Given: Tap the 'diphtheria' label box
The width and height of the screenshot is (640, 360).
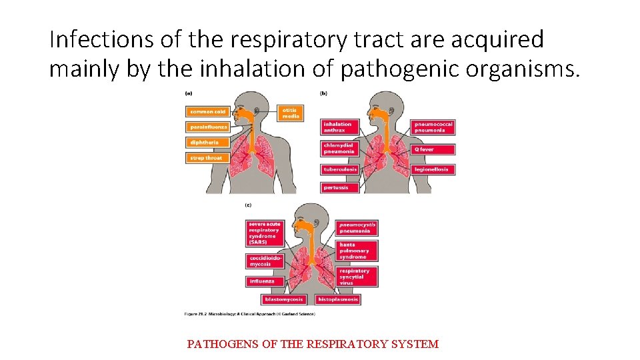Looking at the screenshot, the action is click(206, 142).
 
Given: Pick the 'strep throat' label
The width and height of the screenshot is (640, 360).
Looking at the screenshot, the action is click(206, 158).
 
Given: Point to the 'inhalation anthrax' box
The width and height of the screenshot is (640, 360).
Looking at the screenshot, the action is click(339, 127).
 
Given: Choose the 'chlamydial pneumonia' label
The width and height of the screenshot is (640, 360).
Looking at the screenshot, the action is click(339, 148).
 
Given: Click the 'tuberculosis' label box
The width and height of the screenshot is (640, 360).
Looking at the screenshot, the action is click(340, 169).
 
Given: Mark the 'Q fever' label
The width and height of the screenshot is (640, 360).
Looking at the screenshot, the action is click(433, 149).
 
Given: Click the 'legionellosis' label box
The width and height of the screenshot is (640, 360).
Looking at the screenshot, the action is click(433, 169).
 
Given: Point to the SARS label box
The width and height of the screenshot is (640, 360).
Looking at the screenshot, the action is click(265, 233).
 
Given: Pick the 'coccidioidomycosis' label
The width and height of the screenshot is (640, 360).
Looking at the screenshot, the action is click(265, 261).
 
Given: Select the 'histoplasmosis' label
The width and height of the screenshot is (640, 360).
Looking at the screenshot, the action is click(337, 299).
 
